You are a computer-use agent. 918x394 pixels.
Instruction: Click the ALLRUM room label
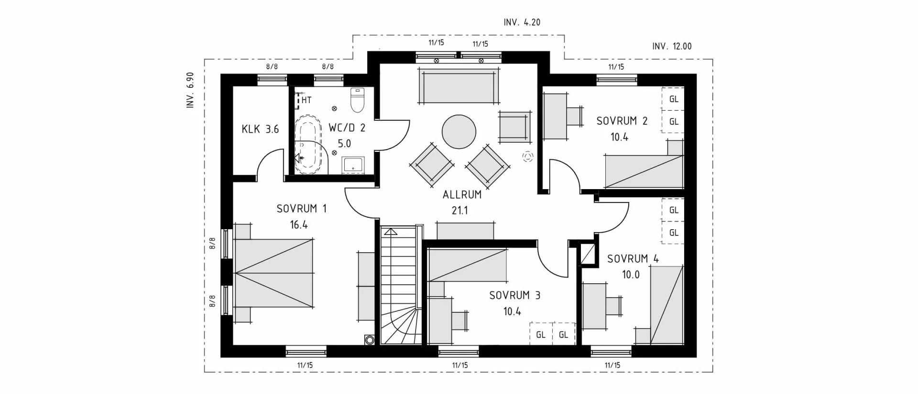click(462, 195)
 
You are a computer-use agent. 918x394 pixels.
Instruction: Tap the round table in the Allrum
click(459, 132)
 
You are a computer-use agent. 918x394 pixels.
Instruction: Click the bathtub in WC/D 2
click(309, 143)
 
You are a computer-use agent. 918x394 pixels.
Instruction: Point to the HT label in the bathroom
click(306, 100)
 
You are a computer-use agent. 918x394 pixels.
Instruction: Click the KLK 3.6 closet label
click(260, 129)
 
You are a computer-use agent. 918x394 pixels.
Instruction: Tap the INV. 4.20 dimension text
click(522, 22)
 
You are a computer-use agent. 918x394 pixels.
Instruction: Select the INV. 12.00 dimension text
click(672, 46)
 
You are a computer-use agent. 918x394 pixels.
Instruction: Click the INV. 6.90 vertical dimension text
click(190, 90)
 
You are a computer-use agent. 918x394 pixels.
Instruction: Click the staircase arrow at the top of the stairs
click(391, 233)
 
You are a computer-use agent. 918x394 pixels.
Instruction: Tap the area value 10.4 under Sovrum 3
click(512, 311)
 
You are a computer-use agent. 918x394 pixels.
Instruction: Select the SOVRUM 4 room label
click(633, 259)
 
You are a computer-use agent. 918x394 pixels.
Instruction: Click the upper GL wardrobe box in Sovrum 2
click(674, 99)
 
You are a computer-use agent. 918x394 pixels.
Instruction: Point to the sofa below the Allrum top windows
click(459, 86)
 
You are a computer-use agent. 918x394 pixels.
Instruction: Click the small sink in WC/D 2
click(354, 165)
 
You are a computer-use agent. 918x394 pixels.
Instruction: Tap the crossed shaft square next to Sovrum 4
click(587, 254)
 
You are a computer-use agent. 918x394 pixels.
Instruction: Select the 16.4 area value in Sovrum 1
click(298, 224)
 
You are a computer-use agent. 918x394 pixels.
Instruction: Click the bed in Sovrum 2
click(643, 171)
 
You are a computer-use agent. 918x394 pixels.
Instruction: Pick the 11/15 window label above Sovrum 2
click(616, 67)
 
